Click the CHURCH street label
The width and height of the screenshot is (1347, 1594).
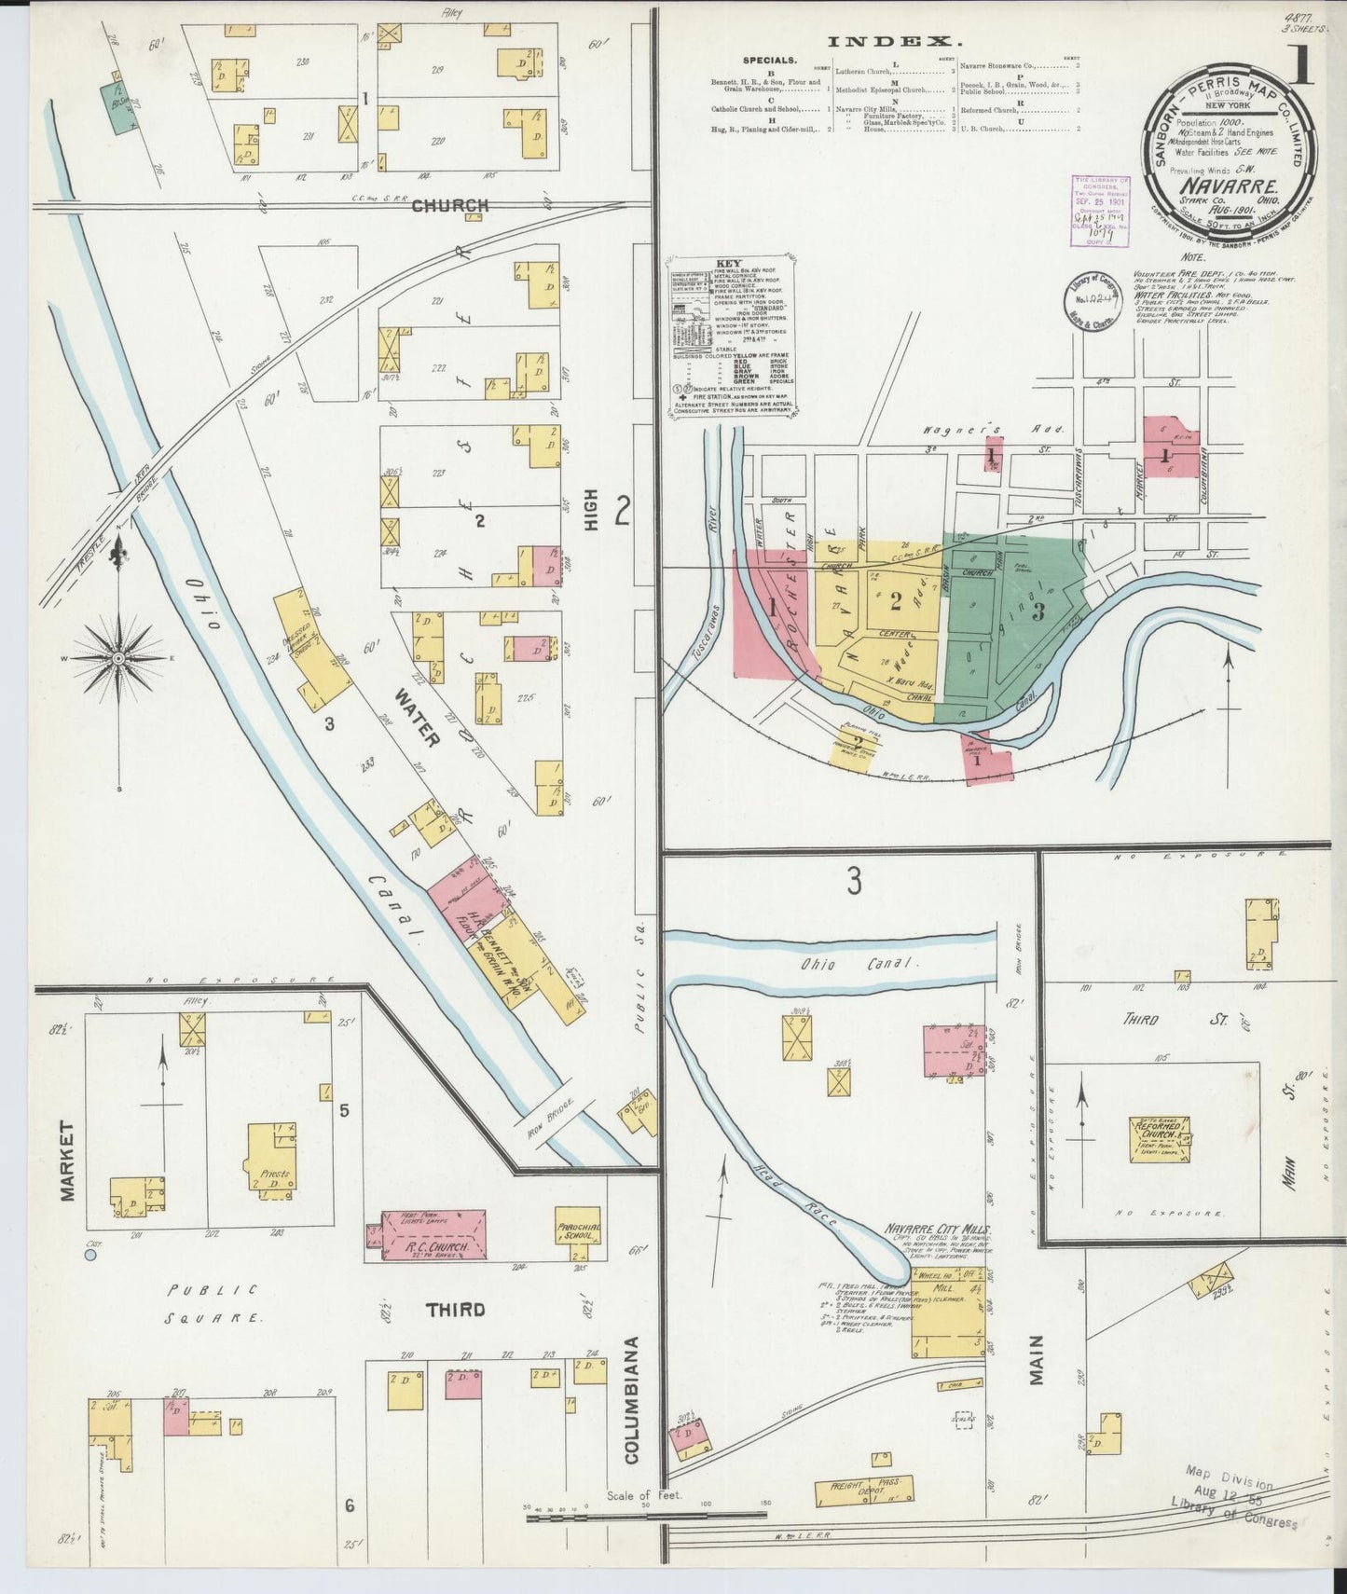[449, 206]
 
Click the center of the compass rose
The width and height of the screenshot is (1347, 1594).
[119, 658]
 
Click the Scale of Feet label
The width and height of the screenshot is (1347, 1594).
[644, 1494]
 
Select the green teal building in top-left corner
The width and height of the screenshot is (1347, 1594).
[117, 109]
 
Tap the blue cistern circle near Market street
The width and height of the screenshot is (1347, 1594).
[90, 1256]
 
